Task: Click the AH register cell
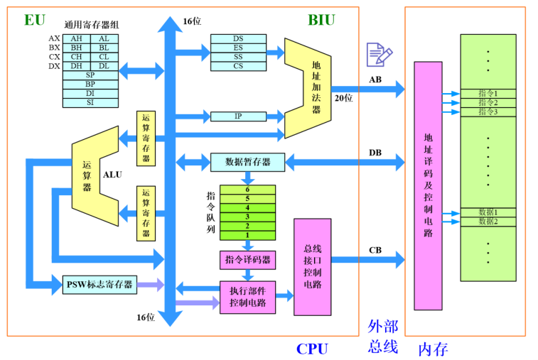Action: click(77, 38)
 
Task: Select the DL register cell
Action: click(104, 66)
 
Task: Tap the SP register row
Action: click(90, 75)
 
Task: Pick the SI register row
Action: click(90, 103)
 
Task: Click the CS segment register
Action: click(238, 66)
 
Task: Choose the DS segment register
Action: click(238, 38)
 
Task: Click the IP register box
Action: click(238, 116)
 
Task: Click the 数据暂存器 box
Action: click(248, 162)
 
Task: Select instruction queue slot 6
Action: click(247, 190)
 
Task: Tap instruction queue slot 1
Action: click(247, 235)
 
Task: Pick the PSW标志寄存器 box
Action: click(99, 285)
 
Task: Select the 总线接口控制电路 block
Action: click(312, 267)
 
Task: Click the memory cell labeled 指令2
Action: click(488, 102)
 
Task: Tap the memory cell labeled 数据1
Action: click(488, 212)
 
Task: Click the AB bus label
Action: click(375, 80)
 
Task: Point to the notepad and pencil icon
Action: click(378, 54)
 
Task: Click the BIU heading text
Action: click(321, 19)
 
